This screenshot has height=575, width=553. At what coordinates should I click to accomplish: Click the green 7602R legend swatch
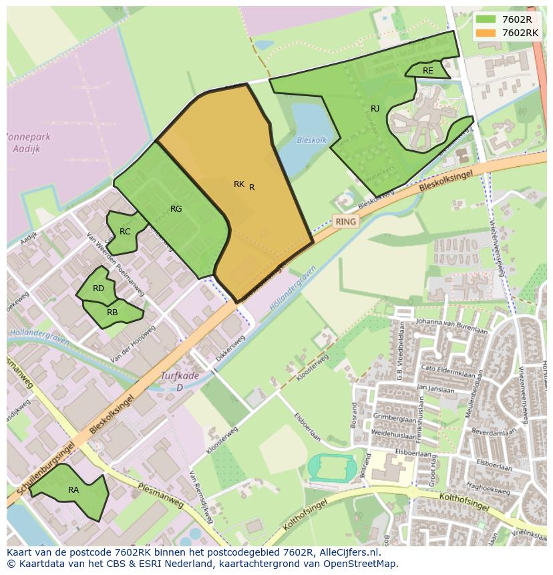[486, 19]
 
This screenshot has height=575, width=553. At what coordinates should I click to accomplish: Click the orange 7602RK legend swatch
[486, 32]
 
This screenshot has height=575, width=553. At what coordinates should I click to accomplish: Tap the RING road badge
[345, 221]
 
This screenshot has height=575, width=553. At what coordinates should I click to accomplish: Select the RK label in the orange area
[239, 184]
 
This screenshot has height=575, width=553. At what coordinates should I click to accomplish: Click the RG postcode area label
[176, 209]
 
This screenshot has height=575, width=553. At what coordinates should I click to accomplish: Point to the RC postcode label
[125, 232]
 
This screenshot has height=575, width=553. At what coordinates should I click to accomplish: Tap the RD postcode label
[98, 289]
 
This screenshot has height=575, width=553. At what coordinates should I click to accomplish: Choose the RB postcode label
[112, 312]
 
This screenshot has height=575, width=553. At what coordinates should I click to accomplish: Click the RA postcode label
[73, 490]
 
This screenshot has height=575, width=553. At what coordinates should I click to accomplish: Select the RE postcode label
[427, 70]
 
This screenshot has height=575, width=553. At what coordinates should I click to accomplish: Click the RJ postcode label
[375, 108]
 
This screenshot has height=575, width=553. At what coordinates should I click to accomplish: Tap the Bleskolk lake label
[312, 141]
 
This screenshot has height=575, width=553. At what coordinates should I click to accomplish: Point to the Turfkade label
[180, 377]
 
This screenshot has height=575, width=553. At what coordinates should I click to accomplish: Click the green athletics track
[332, 466]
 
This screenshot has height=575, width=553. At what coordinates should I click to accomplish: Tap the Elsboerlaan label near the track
[308, 427]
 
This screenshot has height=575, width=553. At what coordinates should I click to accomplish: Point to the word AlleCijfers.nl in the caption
[347, 552]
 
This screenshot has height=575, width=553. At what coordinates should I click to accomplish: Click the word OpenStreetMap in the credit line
[362, 564]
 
